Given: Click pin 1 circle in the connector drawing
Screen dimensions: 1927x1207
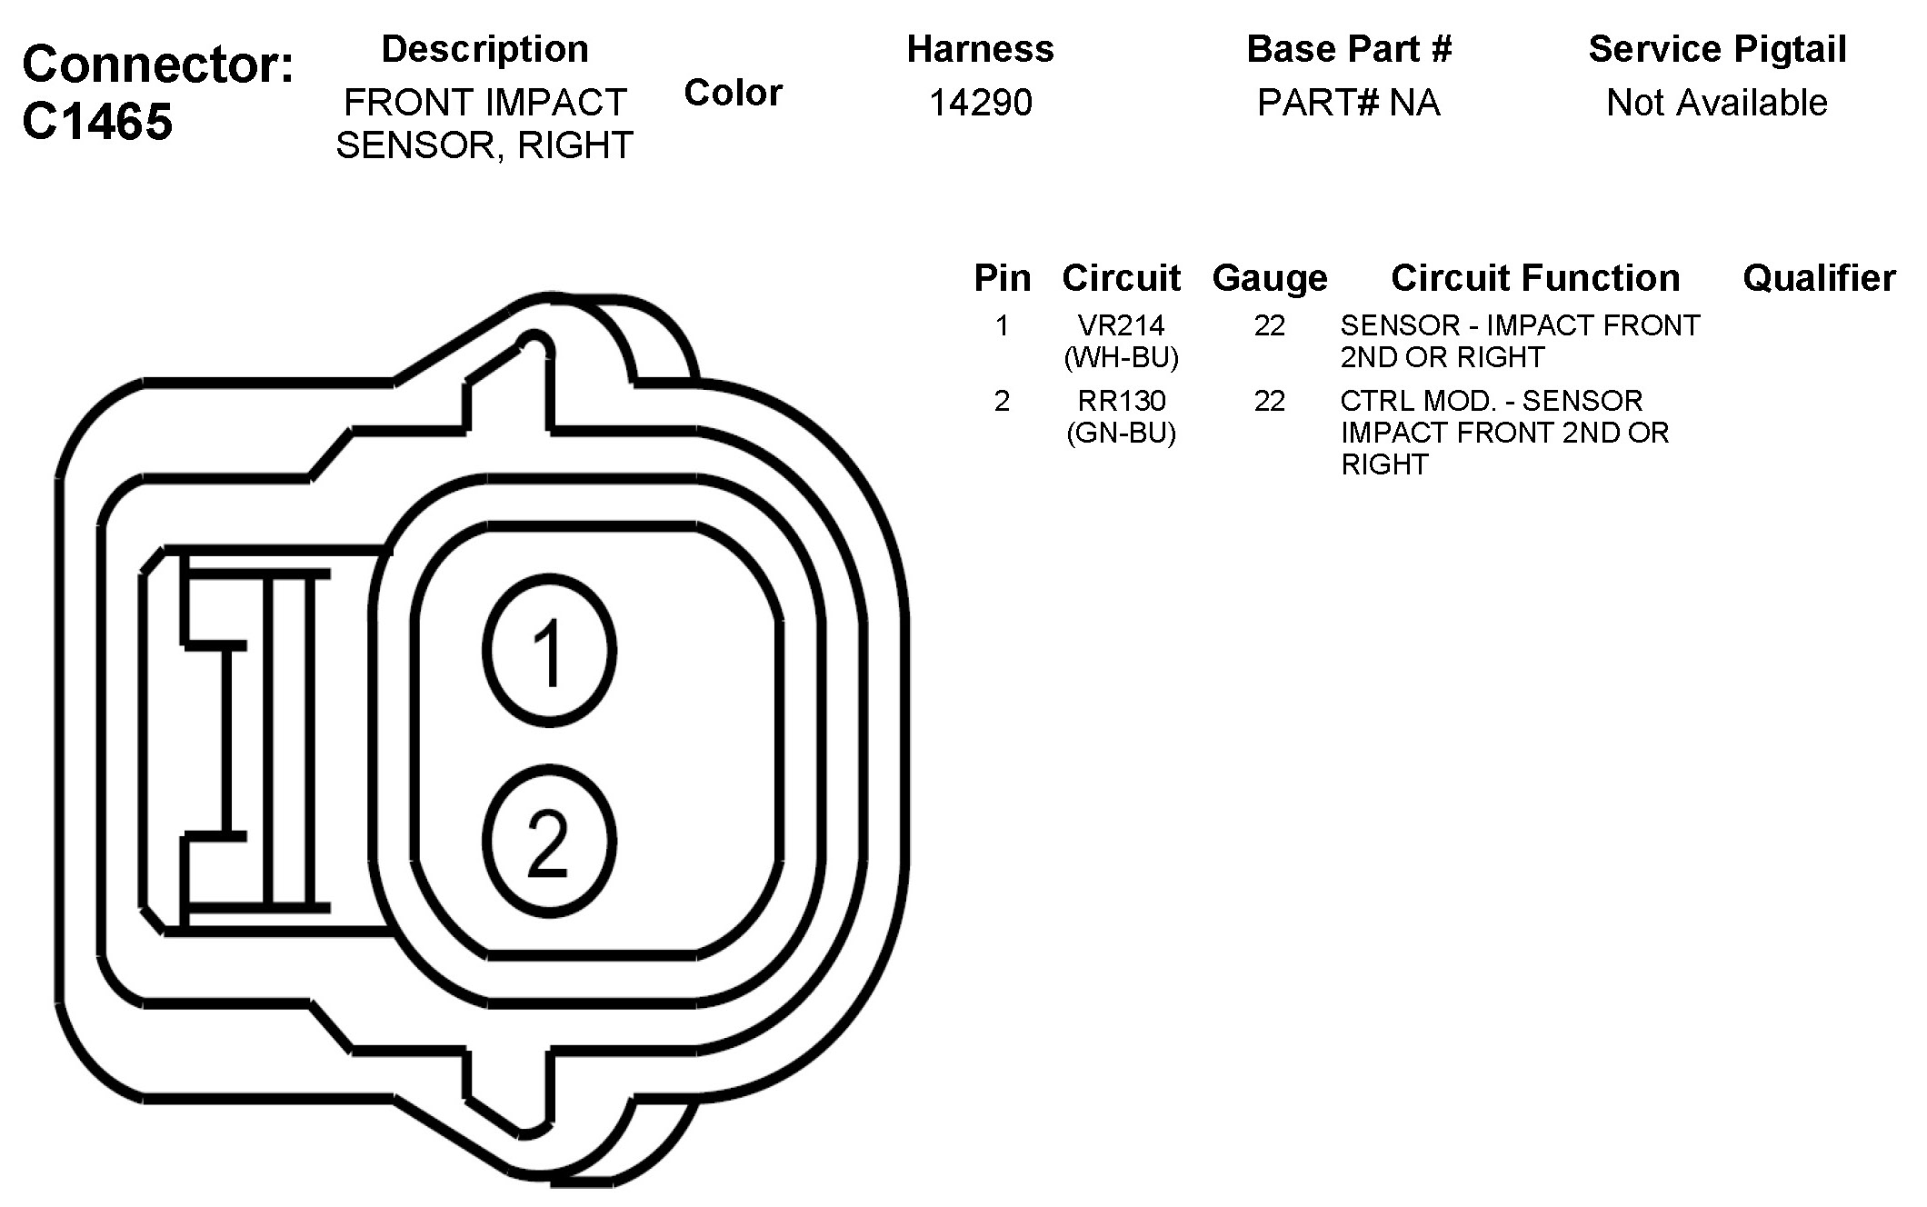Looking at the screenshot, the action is click(x=549, y=651).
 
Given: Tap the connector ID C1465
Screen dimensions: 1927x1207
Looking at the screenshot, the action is click(x=97, y=121).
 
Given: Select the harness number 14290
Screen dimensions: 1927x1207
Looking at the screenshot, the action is click(x=981, y=103).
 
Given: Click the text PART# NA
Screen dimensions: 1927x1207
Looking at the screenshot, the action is click(x=1349, y=103).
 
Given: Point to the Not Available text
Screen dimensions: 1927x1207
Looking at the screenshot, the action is click(x=1717, y=103).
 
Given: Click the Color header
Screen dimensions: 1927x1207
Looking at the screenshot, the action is click(x=734, y=93).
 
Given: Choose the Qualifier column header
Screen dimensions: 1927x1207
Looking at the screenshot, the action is click(x=1819, y=278).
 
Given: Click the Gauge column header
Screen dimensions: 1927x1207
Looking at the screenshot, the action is click(x=1270, y=279).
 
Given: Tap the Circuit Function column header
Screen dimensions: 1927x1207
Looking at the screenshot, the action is click(x=1535, y=278).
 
